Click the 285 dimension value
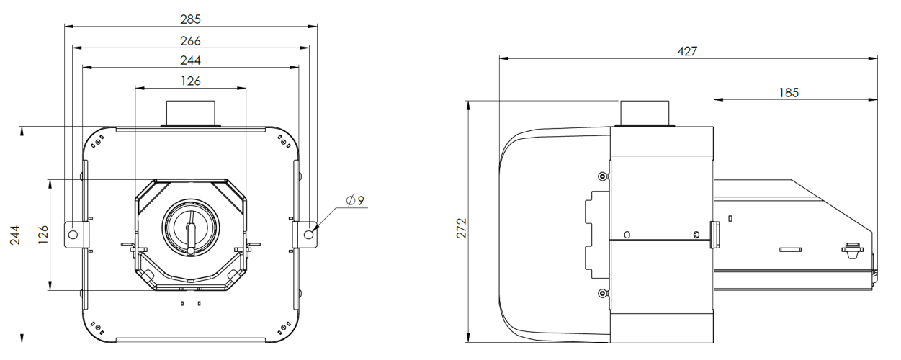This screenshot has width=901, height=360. click(x=190, y=19)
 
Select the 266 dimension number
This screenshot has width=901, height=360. click(x=190, y=41)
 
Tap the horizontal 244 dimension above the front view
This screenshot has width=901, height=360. click(x=190, y=60)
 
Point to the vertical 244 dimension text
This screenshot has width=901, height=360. click(x=15, y=235)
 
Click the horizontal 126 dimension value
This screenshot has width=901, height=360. click(x=190, y=81)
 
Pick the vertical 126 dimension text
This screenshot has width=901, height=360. click(x=43, y=235)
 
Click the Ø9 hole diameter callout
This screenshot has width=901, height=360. click(x=355, y=200)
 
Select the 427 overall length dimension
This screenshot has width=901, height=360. click(x=687, y=52)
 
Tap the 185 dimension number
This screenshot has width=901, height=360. click(x=789, y=93)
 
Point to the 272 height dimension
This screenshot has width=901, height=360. click(x=462, y=228)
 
